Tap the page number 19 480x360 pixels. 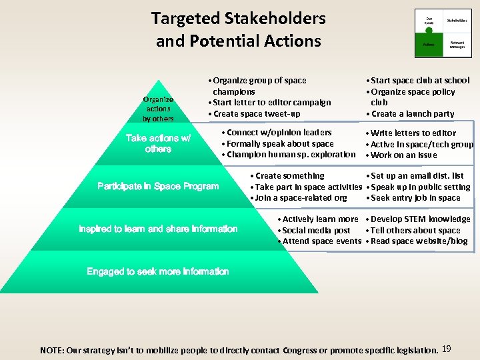click(x=447, y=348)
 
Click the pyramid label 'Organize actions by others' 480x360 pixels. click(x=158, y=109)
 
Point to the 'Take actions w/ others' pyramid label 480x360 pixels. click(x=158, y=143)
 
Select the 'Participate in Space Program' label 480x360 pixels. click(x=158, y=186)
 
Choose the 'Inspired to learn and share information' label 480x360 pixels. click(x=158, y=229)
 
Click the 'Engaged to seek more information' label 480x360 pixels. click(x=158, y=271)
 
